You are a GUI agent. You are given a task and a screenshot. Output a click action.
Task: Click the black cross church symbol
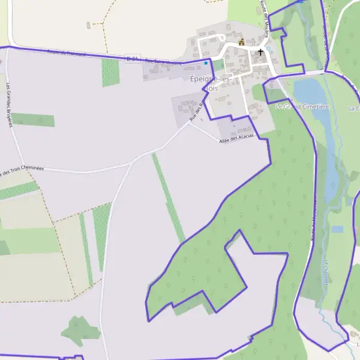pos(260,52)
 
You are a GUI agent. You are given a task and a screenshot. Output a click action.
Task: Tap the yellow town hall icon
pos(242,42)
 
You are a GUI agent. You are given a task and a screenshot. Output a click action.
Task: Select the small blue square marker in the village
pos(206,62)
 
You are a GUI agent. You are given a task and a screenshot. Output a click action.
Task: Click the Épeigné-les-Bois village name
pos(211,83)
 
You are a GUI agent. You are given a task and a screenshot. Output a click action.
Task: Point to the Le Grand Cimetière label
pos(302,106)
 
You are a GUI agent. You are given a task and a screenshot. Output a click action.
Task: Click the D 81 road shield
pos(132,58)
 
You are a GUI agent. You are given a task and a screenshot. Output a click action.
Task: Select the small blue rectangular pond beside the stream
pos(337,229)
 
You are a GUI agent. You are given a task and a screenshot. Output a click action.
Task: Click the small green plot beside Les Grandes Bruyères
pos(33,120)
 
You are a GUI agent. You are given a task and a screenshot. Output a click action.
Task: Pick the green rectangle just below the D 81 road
pos(110,73)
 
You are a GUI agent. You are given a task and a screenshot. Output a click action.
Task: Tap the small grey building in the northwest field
pos(88,25)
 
